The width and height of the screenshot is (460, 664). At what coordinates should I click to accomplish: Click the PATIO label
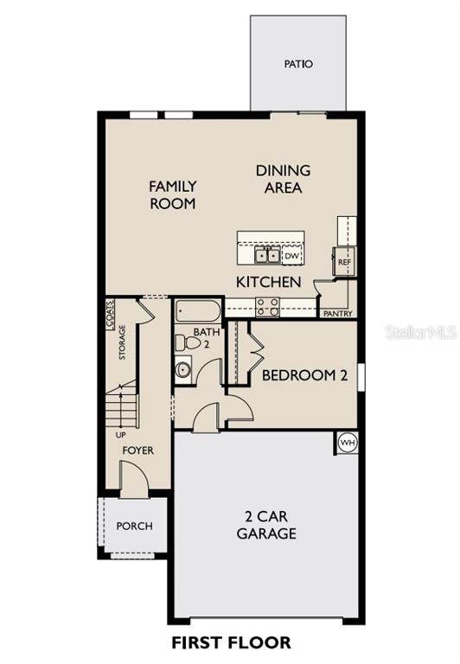(x=298, y=64)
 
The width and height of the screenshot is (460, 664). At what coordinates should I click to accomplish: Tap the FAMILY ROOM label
(x=173, y=195)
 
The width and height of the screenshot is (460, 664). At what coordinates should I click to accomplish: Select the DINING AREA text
(x=283, y=179)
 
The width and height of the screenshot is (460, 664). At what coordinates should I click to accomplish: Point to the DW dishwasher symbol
(x=292, y=256)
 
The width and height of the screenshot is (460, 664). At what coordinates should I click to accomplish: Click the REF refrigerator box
(x=344, y=262)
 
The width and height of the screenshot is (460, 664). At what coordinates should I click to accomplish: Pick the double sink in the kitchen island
(x=267, y=256)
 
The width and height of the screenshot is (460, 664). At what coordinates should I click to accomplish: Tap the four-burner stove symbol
(x=267, y=308)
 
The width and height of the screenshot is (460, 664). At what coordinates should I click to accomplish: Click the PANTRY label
(x=337, y=314)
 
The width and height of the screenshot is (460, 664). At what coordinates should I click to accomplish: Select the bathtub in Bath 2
(x=198, y=311)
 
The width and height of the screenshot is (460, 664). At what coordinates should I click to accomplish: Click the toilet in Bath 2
(x=188, y=343)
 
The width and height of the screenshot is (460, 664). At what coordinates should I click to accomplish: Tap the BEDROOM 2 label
(x=305, y=375)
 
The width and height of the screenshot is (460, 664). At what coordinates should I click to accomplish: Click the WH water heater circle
(x=348, y=443)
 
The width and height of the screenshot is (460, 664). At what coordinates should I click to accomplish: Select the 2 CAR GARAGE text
(x=266, y=525)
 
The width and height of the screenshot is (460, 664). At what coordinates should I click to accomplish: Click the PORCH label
(x=134, y=526)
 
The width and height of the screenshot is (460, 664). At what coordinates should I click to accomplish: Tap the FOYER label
(x=138, y=450)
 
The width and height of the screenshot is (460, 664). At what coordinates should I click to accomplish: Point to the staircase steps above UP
(x=122, y=406)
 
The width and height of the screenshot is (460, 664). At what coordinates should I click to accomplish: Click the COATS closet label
(x=110, y=315)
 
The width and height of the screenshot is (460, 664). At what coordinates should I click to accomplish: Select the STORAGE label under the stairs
(x=122, y=342)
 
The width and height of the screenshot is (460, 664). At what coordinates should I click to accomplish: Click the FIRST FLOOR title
(x=231, y=642)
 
